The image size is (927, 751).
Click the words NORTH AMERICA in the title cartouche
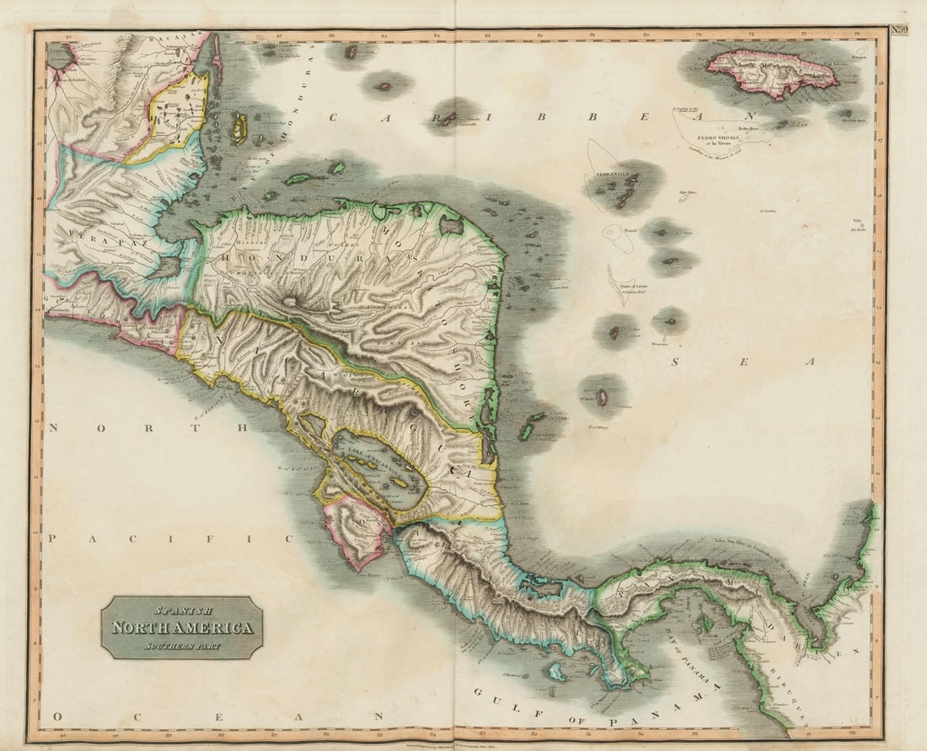(182, 628)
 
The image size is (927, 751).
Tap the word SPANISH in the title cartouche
(182, 609)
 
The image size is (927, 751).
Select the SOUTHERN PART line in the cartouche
(182, 646)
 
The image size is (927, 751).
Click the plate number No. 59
(900, 30)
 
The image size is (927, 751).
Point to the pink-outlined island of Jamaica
(772, 71)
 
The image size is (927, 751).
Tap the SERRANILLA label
(614, 174)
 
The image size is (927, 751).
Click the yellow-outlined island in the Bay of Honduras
(240, 129)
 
